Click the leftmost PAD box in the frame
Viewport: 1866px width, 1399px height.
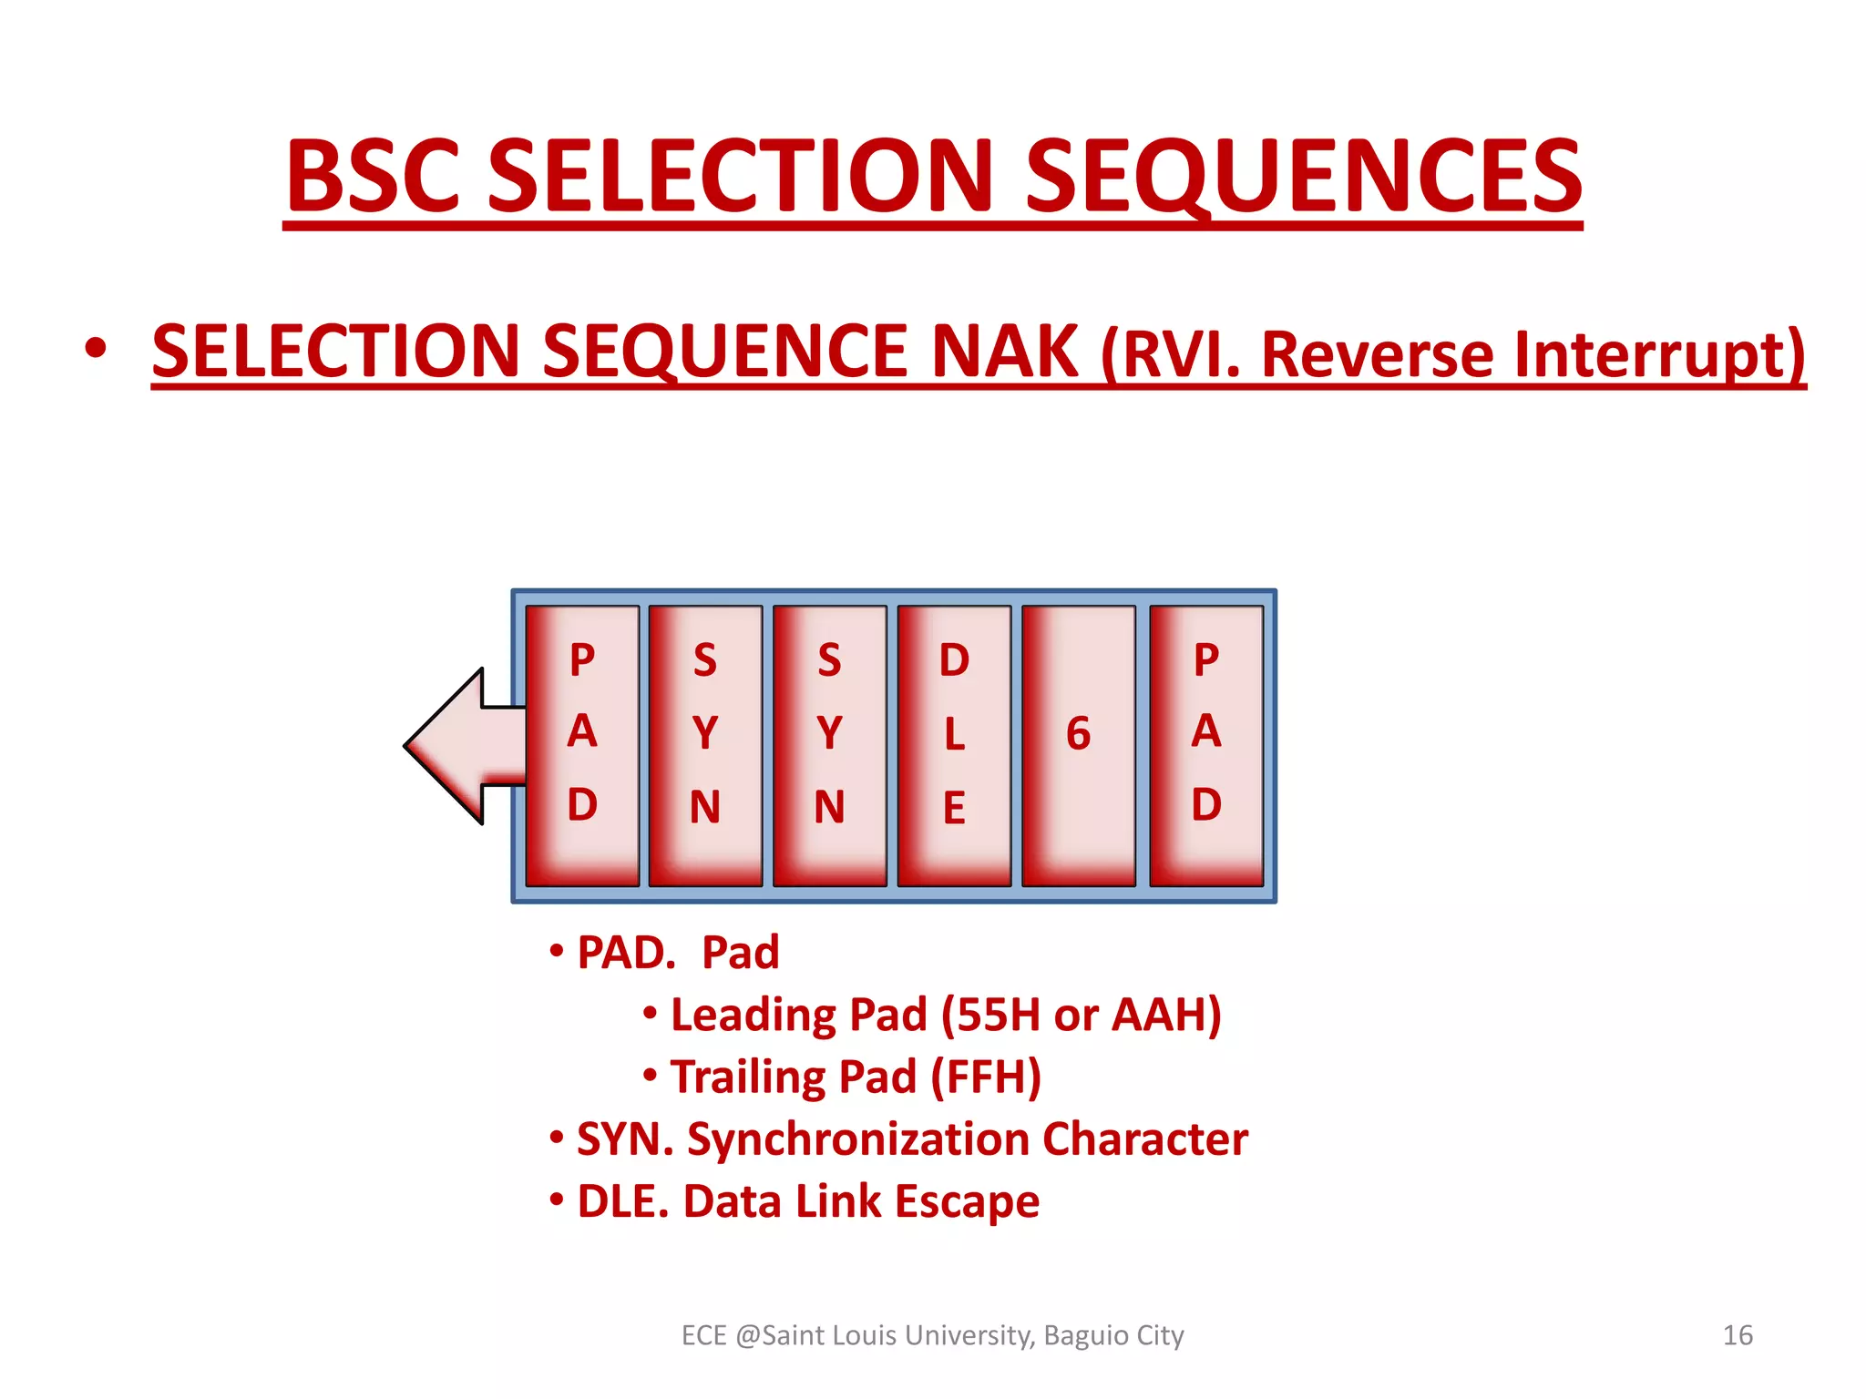(582, 745)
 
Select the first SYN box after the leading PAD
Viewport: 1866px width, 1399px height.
(705, 745)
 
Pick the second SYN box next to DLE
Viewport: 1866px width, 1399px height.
(829, 745)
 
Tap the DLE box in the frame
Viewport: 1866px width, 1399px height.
(954, 745)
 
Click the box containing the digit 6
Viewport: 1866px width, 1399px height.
(1079, 745)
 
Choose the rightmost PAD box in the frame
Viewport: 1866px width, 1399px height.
(1206, 745)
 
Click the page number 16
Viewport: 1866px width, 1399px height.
(1738, 1335)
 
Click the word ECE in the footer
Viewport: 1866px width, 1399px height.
(703, 1335)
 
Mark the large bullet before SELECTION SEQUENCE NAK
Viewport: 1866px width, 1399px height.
(95, 349)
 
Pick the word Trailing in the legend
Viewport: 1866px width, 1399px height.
(748, 1077)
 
